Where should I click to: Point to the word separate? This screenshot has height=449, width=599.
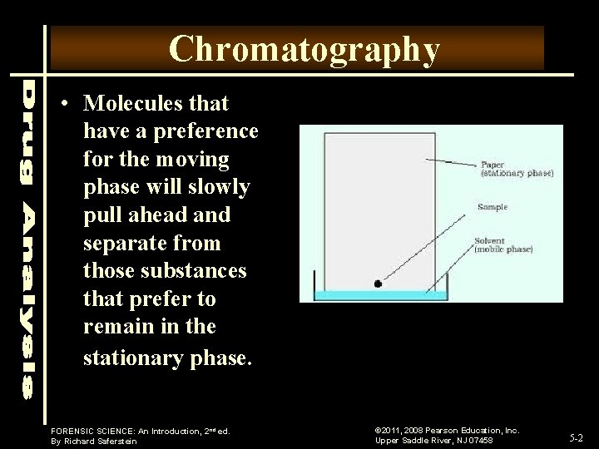click(x=118, y=244)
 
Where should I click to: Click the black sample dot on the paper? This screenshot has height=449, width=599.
click(x=378, y=284)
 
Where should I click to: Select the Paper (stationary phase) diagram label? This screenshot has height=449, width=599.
click(x=516, y=169)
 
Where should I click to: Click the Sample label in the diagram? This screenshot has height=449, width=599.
click(x=492, y=207)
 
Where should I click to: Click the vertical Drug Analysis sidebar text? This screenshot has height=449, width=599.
click(x=27, y=236)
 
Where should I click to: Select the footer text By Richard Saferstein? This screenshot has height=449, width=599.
click(x=93, y=442)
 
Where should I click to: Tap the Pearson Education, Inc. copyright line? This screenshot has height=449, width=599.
click(x=447, y=430)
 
